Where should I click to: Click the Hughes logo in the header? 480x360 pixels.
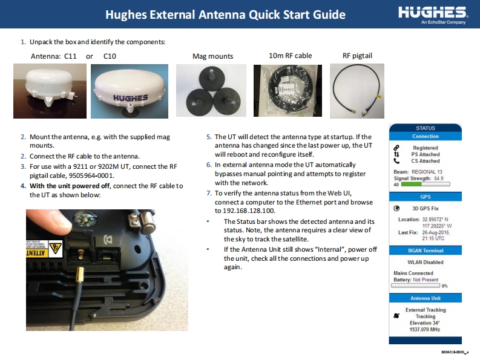(x=433, y=15)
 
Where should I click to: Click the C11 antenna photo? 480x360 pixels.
(x=50, y=91)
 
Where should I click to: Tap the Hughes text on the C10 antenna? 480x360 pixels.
(x=130, y=98)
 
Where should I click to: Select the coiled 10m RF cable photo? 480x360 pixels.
(x=288, y=91)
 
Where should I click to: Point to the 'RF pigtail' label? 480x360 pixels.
(x=357, y=56)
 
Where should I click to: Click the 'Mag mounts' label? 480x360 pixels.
(x=212, y=56)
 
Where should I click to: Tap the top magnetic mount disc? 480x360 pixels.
(x=211, y=79)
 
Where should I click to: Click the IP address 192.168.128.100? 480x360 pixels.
(x=249, y=211)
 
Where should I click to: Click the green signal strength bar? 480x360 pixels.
(x=412, y=185)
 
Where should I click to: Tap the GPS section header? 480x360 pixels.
(x=425, y=197)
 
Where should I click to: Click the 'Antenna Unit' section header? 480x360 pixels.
(x=425, y=298)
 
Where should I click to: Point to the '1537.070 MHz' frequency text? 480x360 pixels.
(x=425, y=329)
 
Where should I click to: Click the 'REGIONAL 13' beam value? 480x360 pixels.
(x=427, y=172)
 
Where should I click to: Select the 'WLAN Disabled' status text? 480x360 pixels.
(x=425, y=263)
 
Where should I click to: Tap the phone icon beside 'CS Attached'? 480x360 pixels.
(x=396, y=161)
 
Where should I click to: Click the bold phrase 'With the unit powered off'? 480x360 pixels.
(x=69, y=186)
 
